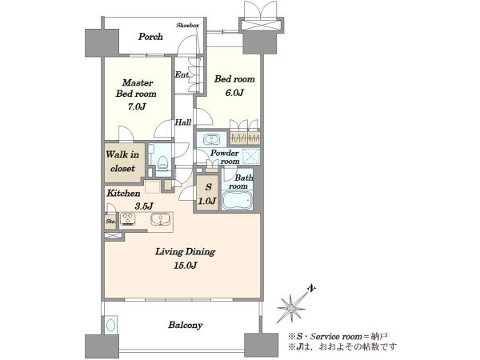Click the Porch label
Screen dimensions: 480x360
click(150, 37)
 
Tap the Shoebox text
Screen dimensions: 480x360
click(188, 25)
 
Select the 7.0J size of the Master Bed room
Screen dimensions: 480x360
click(137, 107)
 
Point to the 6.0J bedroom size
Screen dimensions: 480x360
click(234, 93)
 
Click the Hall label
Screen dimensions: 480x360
click(183, 122)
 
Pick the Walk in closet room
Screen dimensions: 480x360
click(125, 162)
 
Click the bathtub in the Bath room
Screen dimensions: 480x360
click(238, 200)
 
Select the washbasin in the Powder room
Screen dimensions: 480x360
click(211, 139)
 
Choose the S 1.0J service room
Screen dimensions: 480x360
click(207, 194)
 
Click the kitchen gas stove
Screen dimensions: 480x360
click(127, 219)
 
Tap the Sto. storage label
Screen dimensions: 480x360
click(110, 221)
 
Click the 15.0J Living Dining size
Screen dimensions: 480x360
click(185, 266)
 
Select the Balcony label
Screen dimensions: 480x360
click(186, 325)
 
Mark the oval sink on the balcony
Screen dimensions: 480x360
click(110, 325)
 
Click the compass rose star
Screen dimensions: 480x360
click(291, 308)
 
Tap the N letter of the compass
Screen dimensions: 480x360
click(312, 288)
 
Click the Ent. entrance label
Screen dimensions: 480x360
click(182, 74)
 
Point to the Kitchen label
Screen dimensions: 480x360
click(123, 193)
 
